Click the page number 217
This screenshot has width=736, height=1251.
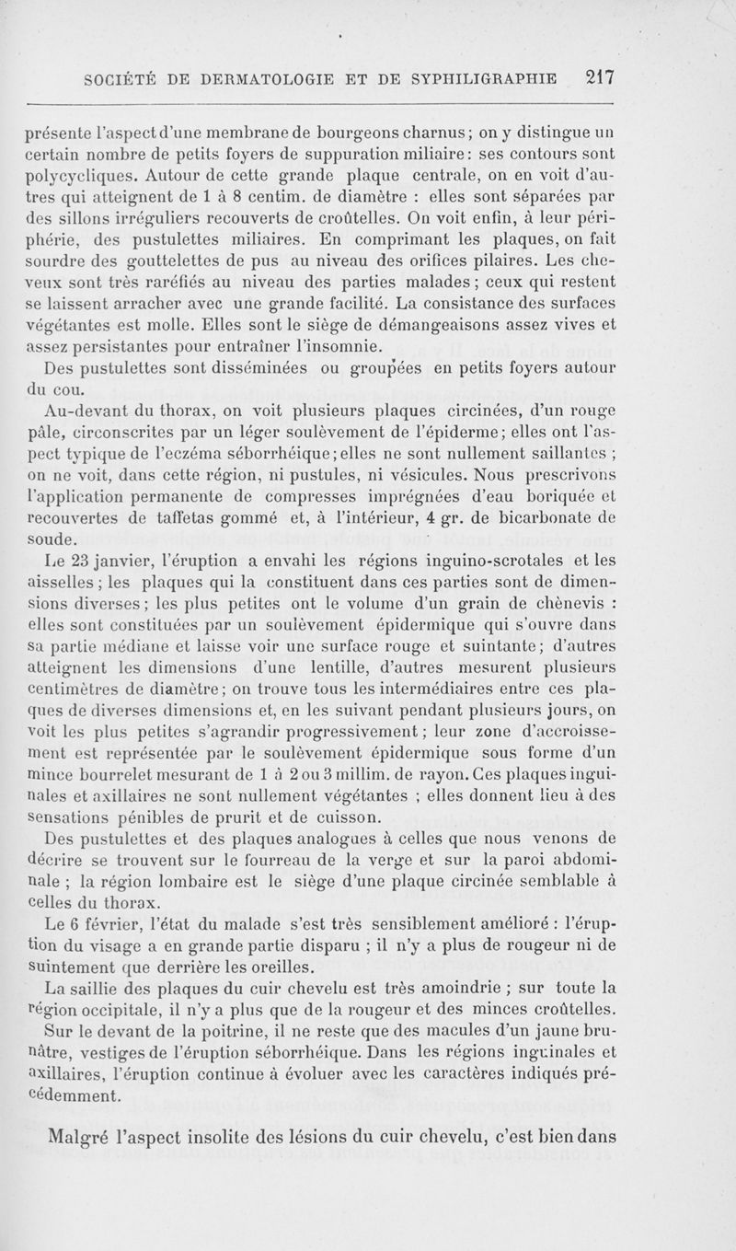point(595,77)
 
